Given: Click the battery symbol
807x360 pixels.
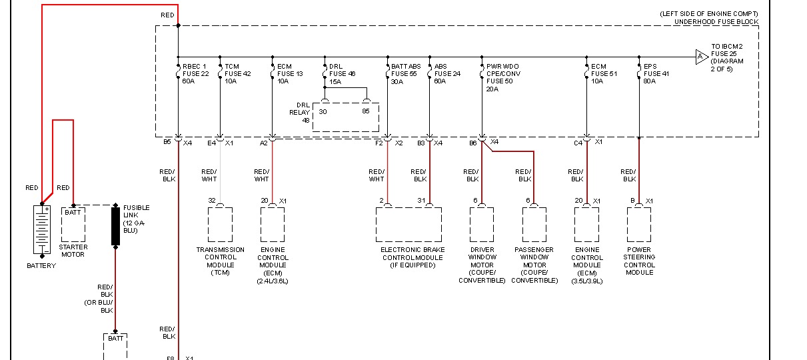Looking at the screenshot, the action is click(42, 229).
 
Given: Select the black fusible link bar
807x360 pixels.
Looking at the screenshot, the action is click(115, 226).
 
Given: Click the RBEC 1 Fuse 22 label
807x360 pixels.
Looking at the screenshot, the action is click(195, 73).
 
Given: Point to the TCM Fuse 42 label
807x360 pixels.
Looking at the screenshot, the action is click(237, 73).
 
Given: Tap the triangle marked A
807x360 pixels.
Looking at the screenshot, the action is click(700, 57).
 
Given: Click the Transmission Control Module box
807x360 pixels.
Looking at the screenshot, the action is click(221, 225).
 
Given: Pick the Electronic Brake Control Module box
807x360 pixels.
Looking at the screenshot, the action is click(408, 225).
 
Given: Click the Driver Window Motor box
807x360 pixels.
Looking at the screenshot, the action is click(482, 225).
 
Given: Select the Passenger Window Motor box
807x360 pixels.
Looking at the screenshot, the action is click(534, 225).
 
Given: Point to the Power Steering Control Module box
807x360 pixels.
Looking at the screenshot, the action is click(640, 225).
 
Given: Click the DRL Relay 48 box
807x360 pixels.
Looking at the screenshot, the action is click(346, 116).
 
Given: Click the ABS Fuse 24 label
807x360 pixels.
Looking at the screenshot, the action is click(448, 73).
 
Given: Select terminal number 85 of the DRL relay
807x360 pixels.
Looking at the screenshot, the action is click(366, 111).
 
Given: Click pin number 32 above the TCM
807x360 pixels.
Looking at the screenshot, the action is click(212, 201).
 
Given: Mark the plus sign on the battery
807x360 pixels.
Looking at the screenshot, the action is click(47, 209).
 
